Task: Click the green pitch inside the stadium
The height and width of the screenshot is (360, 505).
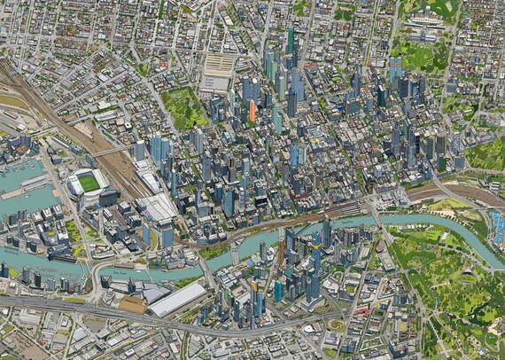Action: coord(89,184)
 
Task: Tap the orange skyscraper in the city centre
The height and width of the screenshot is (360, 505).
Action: coord(252,112)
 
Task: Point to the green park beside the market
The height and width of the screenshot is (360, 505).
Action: coord(185,108)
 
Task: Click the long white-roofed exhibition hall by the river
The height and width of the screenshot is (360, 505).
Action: coord(177,299)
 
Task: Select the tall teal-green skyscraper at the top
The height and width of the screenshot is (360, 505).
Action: coord(290,41)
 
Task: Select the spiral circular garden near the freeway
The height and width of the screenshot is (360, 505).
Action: coord(338,325)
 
